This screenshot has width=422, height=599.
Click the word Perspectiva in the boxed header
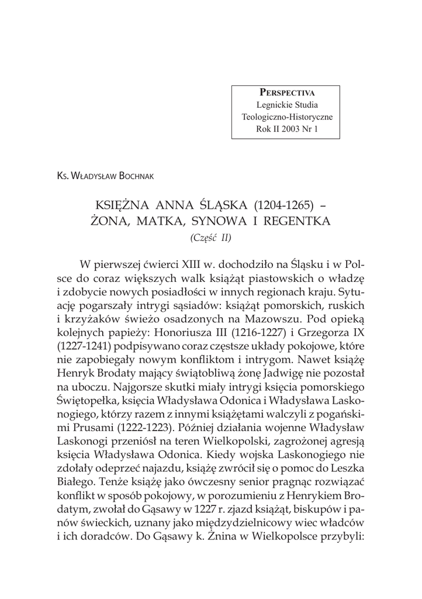[x=286, y=93]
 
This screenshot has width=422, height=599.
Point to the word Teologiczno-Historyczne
[x=287, y=117]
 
